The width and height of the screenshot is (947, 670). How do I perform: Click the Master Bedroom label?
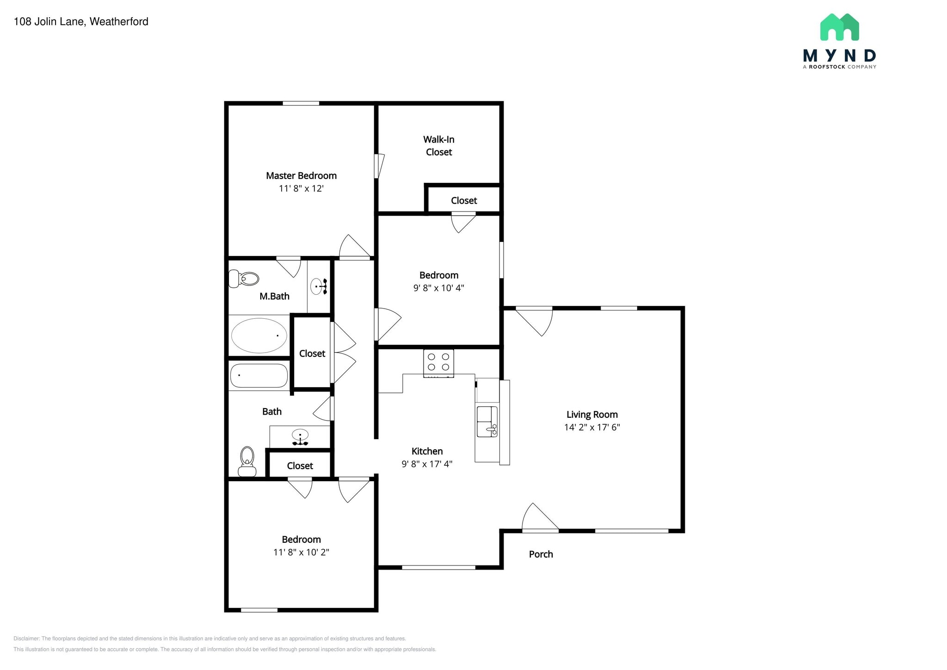tap(301, 176)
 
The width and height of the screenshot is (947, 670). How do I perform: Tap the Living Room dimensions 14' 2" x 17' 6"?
tap(592, 427)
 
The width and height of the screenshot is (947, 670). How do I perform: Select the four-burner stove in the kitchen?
tap(438, 363)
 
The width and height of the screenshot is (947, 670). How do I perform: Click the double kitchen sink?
tap(487, 422)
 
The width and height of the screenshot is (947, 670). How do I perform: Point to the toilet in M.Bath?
tap(244, 279)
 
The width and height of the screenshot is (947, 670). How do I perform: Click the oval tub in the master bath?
tap(259, 335)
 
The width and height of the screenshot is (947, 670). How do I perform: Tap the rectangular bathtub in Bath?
tap(259, 375)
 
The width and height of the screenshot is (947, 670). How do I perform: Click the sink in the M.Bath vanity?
tap(317, 286)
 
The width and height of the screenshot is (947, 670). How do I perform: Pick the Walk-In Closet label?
tap(438, 146)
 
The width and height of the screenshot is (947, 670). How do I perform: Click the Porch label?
tap(541, 554)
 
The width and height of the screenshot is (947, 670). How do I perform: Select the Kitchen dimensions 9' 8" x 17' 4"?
tap(427, 464)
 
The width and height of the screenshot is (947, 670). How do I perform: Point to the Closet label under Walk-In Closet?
tap(464, 201)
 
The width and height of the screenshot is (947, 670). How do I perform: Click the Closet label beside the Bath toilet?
tap(300, 466)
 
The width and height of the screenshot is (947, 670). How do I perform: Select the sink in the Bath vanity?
tap(300, 435)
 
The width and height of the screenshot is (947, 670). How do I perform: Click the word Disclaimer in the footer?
tap(26, 639)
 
